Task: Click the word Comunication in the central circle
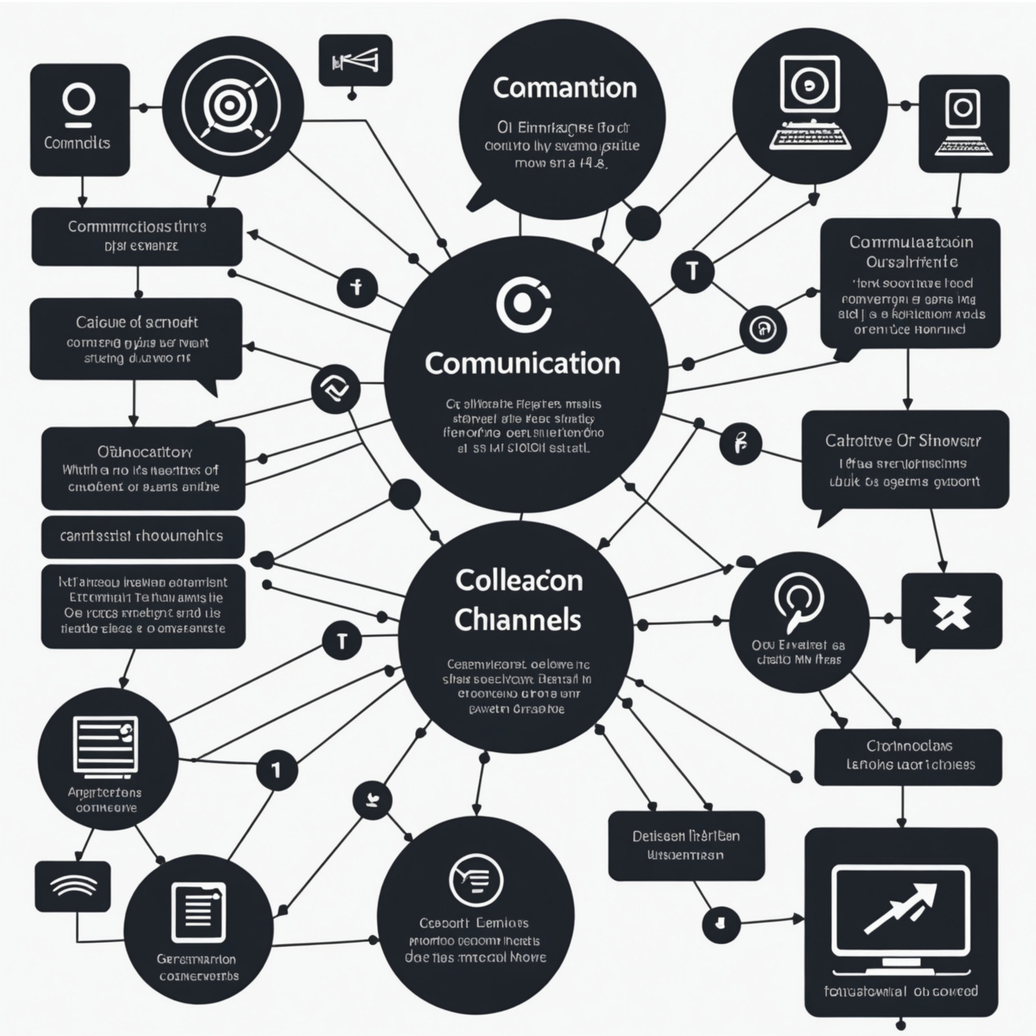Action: pyautogui.click(x=522, y=364)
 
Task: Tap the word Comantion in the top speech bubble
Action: pyautogui.click(x=565, y=88)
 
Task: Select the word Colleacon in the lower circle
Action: pyautogui.click(x=519, y=581)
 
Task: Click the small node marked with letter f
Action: pyautogui.click(x=357, y=288)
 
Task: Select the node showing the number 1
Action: pyautogui.click(x=276, y=770)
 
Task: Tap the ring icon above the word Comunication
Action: pyautogui.click(x=523, y=304)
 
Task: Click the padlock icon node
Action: pyautogui.click(x=763, y=329)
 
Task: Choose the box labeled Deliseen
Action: pyautogui.click(x=686, y=836)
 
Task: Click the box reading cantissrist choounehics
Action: pyautogui.click(x=142, y=536)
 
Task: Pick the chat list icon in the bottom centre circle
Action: pyautogui.click(x=476, y=879)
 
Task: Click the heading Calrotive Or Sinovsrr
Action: pyautogui.click(x=903, y=441)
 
